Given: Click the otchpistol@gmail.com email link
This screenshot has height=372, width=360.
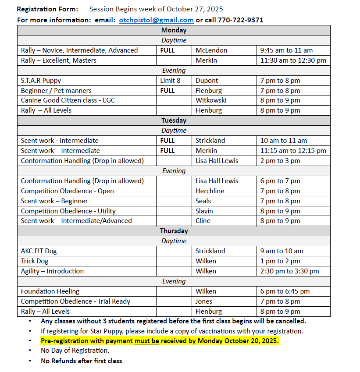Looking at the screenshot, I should coord(156,20).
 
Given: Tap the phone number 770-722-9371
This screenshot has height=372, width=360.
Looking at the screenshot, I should coord(234,20).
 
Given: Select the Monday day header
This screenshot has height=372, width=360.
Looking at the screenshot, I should coord(174,30).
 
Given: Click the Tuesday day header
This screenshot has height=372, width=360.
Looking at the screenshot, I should coord(174,120).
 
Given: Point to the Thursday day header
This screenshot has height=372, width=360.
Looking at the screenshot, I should coord(174,231).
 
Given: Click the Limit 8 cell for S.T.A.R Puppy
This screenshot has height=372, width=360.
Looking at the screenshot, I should coord(170,81).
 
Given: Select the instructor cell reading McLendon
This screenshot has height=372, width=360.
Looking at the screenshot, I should coord(211,50).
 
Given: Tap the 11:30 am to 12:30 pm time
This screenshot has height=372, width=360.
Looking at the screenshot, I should coord(293,60).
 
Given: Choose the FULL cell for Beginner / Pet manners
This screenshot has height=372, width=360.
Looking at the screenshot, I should coord(168,91).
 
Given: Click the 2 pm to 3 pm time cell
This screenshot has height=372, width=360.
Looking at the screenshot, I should coord(280,161).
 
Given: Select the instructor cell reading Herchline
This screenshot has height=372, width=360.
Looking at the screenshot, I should coord(210,191).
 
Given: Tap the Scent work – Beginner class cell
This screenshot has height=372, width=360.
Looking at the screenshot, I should coord(54,201).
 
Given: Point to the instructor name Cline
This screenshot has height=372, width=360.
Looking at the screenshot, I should coord(203,221).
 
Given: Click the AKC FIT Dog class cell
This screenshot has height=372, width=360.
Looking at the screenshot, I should coord(39,251).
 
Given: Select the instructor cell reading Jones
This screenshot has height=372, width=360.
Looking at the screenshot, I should coord(204,301).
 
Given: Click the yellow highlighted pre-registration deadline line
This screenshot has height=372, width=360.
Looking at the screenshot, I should coord(160,341).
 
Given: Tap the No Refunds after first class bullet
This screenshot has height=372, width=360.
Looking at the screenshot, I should coord(82,361).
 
